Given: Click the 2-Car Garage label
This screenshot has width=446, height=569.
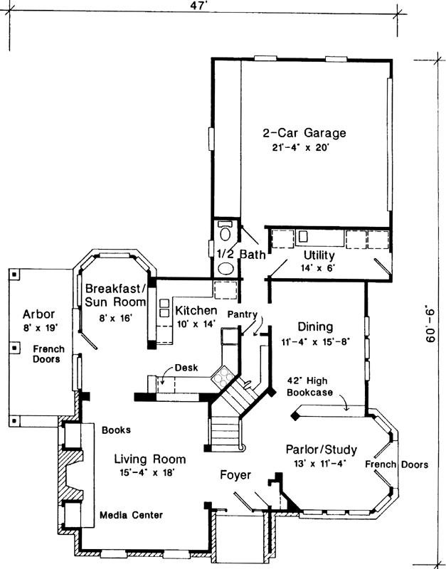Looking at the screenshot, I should (304, 133).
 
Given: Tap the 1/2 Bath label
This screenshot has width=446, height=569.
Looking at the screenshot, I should (233, 252).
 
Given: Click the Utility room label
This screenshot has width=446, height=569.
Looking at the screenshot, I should (319, 255).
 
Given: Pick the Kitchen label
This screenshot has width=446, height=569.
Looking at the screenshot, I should (196, 311).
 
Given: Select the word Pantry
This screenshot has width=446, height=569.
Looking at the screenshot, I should (242, 314).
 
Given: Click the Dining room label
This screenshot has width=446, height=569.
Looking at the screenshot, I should (315, 327).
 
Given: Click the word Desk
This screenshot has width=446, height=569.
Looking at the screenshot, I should (186, 368).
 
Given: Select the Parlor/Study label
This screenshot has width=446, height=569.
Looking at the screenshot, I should (321, 450).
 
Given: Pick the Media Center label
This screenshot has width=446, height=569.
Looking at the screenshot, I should (131, 515).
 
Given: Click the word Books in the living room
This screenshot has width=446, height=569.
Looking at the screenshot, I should (115, 430).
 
